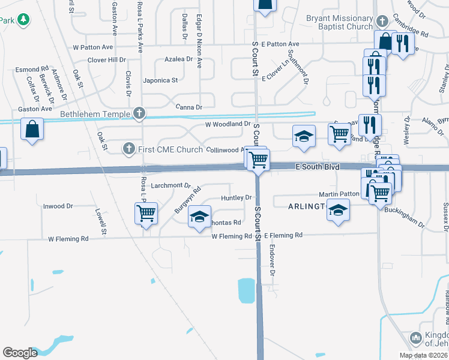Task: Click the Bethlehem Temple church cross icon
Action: coord(139,112)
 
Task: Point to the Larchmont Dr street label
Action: coord(170,186)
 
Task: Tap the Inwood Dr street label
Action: coord(58,206)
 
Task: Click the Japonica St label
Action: coord(160,80)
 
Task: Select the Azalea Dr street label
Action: coord(178,59)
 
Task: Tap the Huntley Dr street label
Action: coord(236,197)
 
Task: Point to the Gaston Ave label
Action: coord(35,109)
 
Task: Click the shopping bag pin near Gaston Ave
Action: coord(32,129)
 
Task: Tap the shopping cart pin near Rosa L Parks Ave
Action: coord(146,212)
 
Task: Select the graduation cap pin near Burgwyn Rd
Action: coord(199,217)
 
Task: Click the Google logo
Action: coord(20,353)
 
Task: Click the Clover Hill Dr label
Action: coord(107,60)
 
